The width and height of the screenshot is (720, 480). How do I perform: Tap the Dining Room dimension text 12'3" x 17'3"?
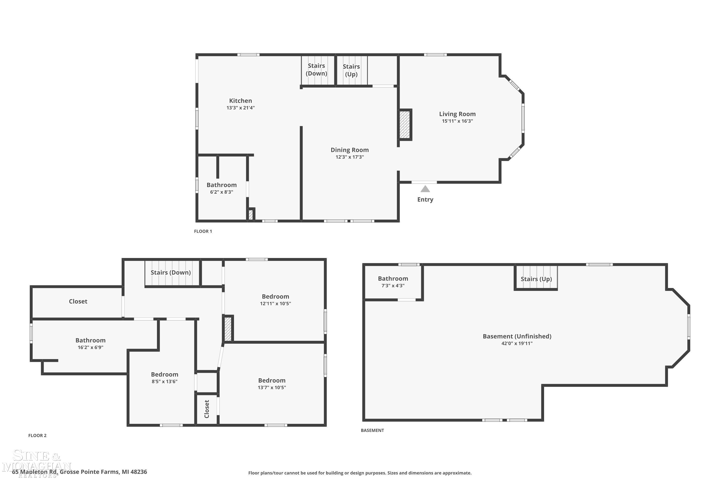(350, 157)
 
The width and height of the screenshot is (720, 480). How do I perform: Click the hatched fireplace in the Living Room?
(404, 125)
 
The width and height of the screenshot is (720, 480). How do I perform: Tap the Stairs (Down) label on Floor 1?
(316, 70)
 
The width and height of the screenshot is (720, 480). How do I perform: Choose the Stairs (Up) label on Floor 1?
(351, 70)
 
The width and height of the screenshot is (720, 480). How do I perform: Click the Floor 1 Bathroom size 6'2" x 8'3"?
(221, 192)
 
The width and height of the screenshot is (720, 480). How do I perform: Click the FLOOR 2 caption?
(37, 435)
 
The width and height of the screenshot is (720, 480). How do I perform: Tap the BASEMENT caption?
(372, 430)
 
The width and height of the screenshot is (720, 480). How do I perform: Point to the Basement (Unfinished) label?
(517, 336)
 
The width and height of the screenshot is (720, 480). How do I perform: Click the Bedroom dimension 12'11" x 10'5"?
(275, 303)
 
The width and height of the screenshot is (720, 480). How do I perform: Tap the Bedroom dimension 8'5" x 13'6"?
(164, 381)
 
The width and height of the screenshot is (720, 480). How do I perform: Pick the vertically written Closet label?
(207, 409)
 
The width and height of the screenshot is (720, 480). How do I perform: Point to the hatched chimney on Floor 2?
(228, 329)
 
